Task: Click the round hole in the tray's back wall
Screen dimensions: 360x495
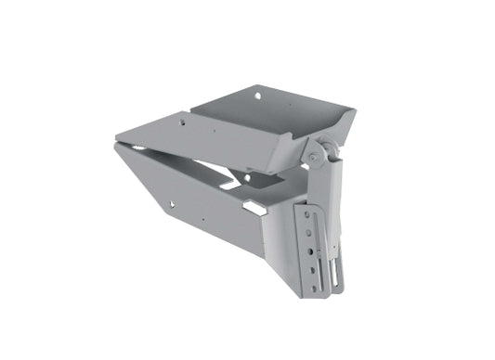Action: click(x=260, y=93)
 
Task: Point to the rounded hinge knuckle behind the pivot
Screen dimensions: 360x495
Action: click(x=328, y=148)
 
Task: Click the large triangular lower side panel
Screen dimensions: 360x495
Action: click(x=195, y=209)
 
